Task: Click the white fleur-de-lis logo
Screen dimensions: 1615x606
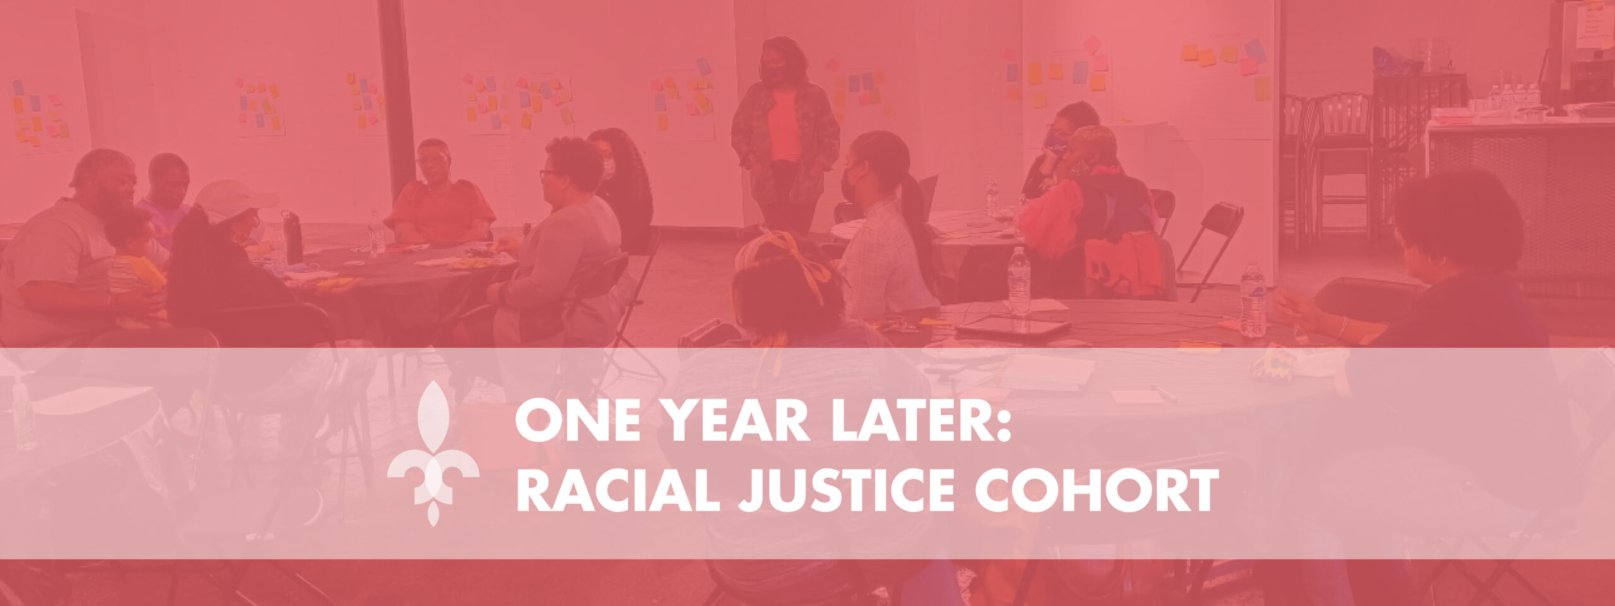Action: pyautogui.click(x=433, y=453)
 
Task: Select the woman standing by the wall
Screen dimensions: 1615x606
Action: pyautogui.click(x=785, y=133)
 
